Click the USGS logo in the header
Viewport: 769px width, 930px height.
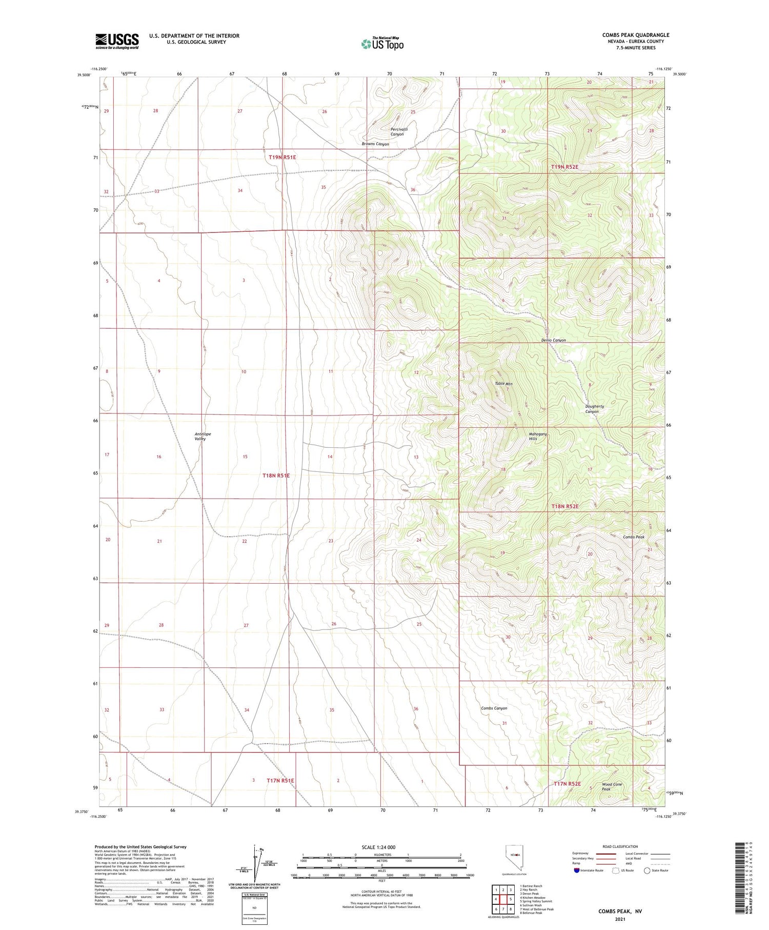click(x=117, y=41)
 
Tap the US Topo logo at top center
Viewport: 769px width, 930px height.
click(x=382, y=44)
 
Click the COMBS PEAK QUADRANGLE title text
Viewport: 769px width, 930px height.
click(x=635, y=35)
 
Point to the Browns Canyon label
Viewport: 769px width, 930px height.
click(x=375, y=144)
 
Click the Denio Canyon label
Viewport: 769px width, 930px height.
click(x=553, y=340)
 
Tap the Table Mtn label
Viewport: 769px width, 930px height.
click(x=503, y=384)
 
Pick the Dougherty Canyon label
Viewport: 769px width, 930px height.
click(x=594, y=409)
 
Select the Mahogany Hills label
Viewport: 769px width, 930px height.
click(x=538, y=437)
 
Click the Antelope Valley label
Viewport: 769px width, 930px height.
click(x=203, y=437)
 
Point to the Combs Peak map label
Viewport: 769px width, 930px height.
click(x=633, y=537)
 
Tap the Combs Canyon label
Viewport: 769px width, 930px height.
click(x=494, y=708)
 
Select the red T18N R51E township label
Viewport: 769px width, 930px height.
click(x=276, y=476)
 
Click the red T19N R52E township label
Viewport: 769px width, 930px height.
click(x=564, y=167)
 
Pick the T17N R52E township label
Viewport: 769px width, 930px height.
click(x=567, y=784)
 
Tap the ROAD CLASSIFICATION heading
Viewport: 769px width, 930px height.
click(x=620, y=846)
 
